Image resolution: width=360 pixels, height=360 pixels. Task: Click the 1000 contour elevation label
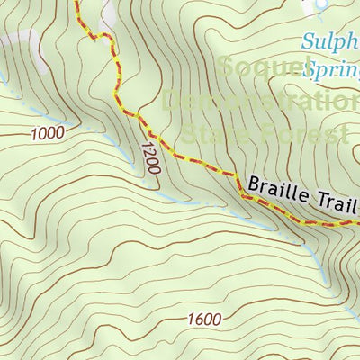pos(47,134)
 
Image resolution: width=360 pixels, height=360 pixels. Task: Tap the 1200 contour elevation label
pos(150,157)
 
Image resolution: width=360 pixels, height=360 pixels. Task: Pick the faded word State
pos(212,135)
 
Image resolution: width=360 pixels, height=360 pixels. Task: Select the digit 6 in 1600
pos(199,319)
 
